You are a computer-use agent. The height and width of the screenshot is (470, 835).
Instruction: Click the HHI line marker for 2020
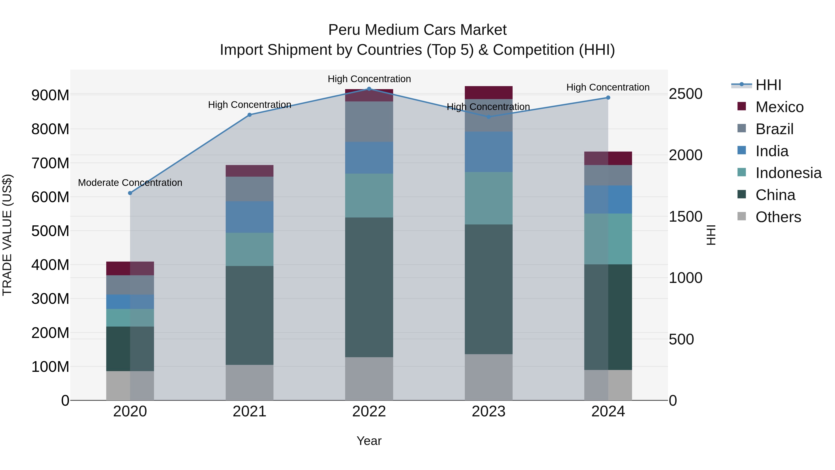pos(130,193)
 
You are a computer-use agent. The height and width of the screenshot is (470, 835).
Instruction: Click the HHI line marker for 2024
pos(608,98)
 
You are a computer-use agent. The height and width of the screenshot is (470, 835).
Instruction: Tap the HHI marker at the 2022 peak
pos(369,89)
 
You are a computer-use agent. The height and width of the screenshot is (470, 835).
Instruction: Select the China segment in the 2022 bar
pos(369,287)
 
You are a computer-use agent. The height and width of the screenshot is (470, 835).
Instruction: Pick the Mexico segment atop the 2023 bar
pos(488,92)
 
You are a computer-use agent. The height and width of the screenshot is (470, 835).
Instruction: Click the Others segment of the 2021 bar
pos(249,382)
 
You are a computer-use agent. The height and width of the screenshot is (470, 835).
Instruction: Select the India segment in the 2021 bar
pos(249,217)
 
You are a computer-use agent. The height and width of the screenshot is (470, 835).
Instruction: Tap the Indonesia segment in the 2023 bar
pos(488,198)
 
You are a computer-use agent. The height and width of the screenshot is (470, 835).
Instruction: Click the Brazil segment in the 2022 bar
pos(369,122)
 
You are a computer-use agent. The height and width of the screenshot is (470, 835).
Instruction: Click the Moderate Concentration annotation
pos(130,183)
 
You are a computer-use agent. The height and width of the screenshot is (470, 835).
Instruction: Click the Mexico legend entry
pos(779,107)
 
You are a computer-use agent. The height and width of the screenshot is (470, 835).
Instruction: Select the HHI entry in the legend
pos(768,85)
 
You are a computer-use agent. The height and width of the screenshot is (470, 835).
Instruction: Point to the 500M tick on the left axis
pos(50,231)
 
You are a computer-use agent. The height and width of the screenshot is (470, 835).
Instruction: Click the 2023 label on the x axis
pos(488,412)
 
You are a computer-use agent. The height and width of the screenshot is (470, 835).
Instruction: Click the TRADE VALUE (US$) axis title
pos(7,235)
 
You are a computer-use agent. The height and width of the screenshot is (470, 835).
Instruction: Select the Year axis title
pos(369,441)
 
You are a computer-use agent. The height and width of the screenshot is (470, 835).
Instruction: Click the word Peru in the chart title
pos(344,30)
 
